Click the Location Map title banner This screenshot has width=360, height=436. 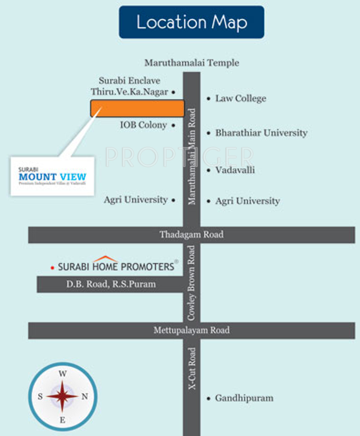click(192, 22)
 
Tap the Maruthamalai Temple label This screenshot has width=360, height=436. click(192, 63)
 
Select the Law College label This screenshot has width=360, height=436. click(240, 98)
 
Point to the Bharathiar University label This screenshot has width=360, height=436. click(261, 133)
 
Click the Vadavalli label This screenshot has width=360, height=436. click(235, 170)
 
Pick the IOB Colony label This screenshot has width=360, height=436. click(143, 125)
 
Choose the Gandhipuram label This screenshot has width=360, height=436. click(244, 398)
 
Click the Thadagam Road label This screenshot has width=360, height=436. click(192, 235)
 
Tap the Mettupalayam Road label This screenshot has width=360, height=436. click(192, 330)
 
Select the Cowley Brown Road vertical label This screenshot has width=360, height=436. click(192, 283)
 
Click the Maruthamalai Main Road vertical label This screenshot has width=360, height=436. click(192, 157)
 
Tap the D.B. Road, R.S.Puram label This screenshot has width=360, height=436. click(111, 285)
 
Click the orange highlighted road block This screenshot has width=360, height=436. click(137, 108)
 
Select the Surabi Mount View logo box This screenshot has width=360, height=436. click(52, 176)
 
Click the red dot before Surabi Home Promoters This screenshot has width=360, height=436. click(52, 267)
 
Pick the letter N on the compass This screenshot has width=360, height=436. click(85, 396)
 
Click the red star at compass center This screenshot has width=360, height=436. click(62, 396)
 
